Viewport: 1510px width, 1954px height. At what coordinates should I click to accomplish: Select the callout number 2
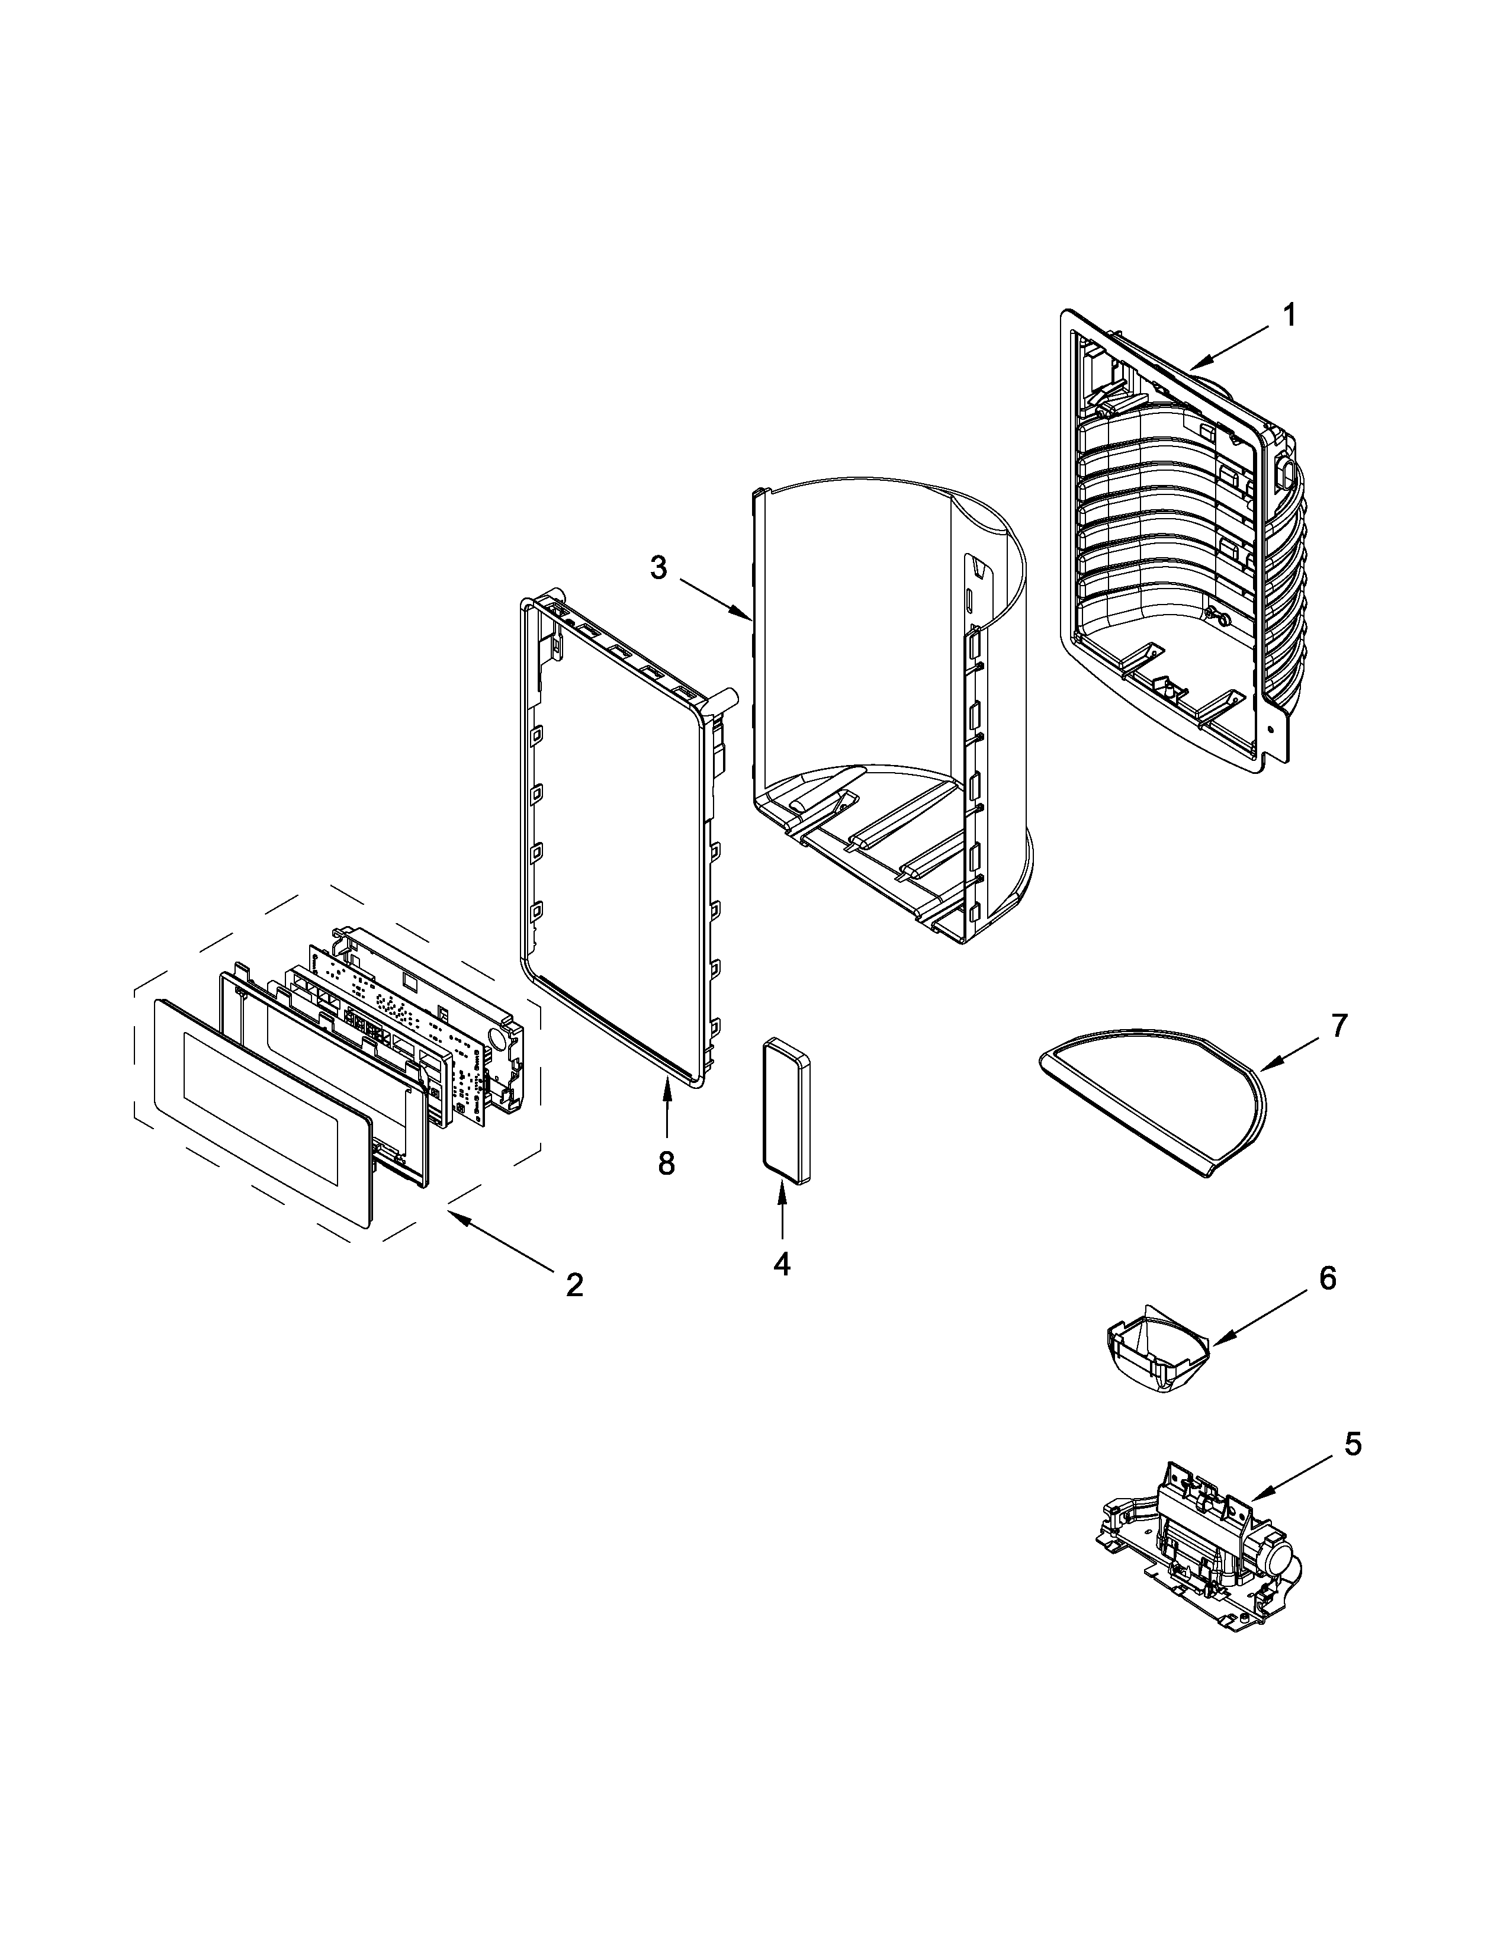(x=573, y=1285)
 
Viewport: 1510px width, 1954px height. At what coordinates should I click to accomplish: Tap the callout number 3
(x=658, y=568)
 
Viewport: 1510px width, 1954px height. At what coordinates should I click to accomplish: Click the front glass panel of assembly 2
(x=259, y=1110)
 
